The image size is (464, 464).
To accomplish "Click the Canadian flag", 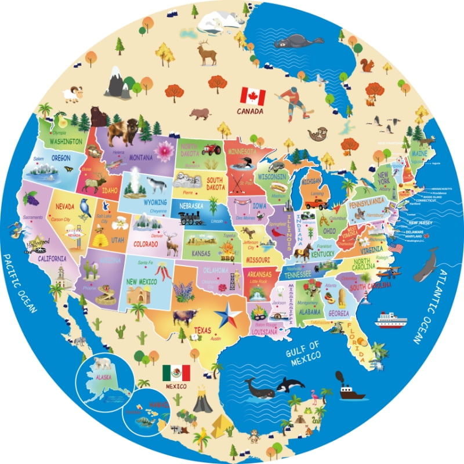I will coord(252,96).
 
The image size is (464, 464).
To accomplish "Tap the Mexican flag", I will coord(174,373).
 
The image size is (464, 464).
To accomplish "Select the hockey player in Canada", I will coord(293,103).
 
